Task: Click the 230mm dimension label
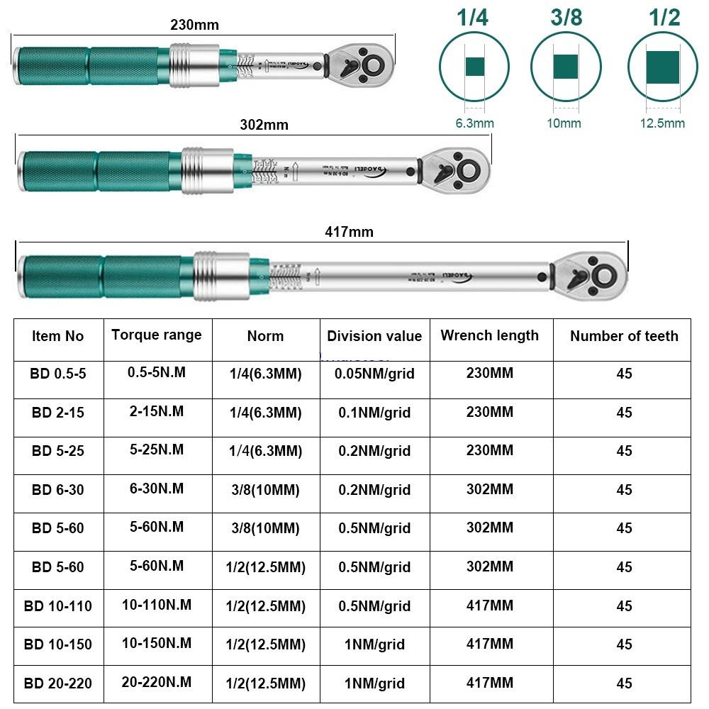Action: tap(194, 25)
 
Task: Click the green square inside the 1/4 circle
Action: tap(474, 67)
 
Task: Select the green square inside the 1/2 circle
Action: tap(663, 67)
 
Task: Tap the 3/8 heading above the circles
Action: tap(566, 18)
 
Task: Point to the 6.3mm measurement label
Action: tap(474, 123)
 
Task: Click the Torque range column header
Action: tap(156, 335)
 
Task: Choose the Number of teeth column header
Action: tap(624, 336)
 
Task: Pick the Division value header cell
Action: tap(374, 336)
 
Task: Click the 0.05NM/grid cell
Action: tap(374, 374)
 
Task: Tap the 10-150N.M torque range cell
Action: tap(156, 644)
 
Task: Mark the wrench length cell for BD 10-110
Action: tap(489, 605)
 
